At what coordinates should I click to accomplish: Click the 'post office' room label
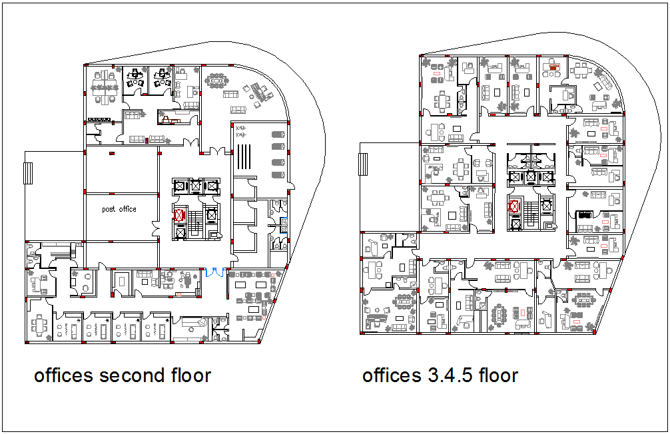[x=119, y=209]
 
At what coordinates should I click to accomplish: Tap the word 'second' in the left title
[x=128, y=375]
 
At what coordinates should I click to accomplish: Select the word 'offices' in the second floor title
[x=64, y=375]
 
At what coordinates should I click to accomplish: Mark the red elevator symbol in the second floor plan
[x=179, y=215]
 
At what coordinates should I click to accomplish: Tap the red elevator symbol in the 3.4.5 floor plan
[x=514, y=206]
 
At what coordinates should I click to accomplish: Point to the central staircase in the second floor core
[x=195, y=217]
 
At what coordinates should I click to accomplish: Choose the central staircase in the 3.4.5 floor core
[x=530, y=212]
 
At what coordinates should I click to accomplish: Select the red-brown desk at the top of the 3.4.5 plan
[x=552, y=67]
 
